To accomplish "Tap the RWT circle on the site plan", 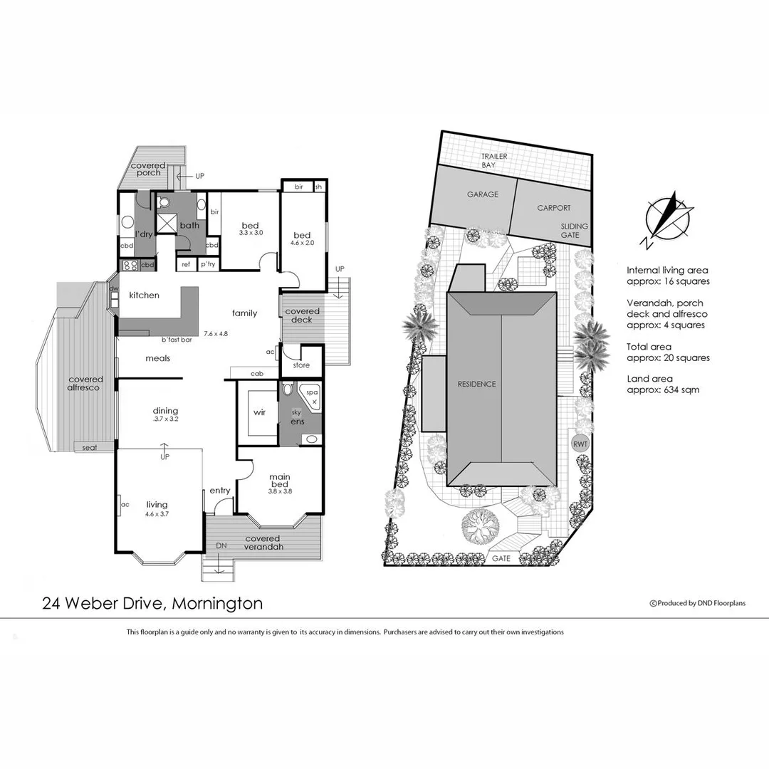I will click(580, 444).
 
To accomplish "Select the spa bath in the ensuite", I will click(312, 396).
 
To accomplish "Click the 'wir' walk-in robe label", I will click(259, 412).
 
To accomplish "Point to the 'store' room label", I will click(301, 365).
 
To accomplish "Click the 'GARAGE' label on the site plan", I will click(482, 194).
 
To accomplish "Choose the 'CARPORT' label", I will click(553, 208).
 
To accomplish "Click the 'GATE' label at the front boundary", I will click(501, 559).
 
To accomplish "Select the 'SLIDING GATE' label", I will click(574, 231).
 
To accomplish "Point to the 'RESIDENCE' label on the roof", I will click(476, 384).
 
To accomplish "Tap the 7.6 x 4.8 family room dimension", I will click(217, 333).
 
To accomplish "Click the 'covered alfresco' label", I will click(85, 383).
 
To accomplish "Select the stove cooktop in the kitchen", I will click(130, 265).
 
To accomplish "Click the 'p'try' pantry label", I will click(208, 264).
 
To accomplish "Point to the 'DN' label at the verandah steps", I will click(221, 545).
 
